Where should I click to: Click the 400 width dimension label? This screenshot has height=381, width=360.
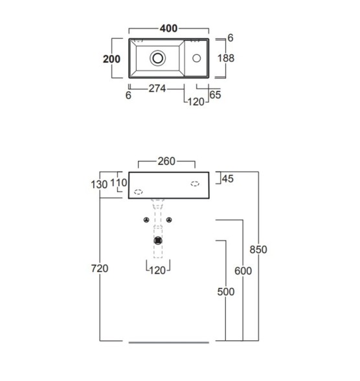coord(168,28)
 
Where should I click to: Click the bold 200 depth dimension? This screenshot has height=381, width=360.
coord(111,59)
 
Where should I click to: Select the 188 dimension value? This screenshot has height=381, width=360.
coord(226,58)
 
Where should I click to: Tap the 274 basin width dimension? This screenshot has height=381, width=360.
coord(157,89)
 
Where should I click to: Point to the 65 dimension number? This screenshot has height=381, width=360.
coord(215,95)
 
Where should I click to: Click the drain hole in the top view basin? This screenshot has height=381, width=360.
coord(157,58)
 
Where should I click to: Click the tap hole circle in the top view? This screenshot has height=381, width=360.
coord(197,58)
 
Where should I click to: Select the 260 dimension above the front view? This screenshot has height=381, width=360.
coord(166,161)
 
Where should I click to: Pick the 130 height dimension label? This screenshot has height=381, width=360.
coord(99,184)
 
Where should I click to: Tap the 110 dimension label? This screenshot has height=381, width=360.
coord(118,182)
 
